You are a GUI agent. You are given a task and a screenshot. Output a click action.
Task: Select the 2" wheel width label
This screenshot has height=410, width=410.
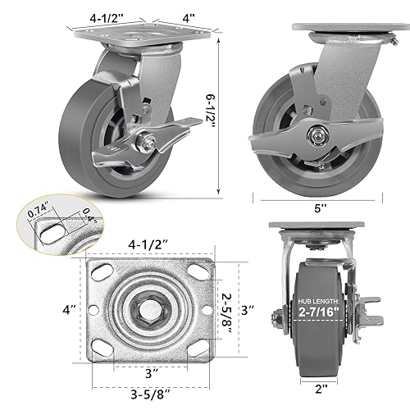click(x=316, y=385)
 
